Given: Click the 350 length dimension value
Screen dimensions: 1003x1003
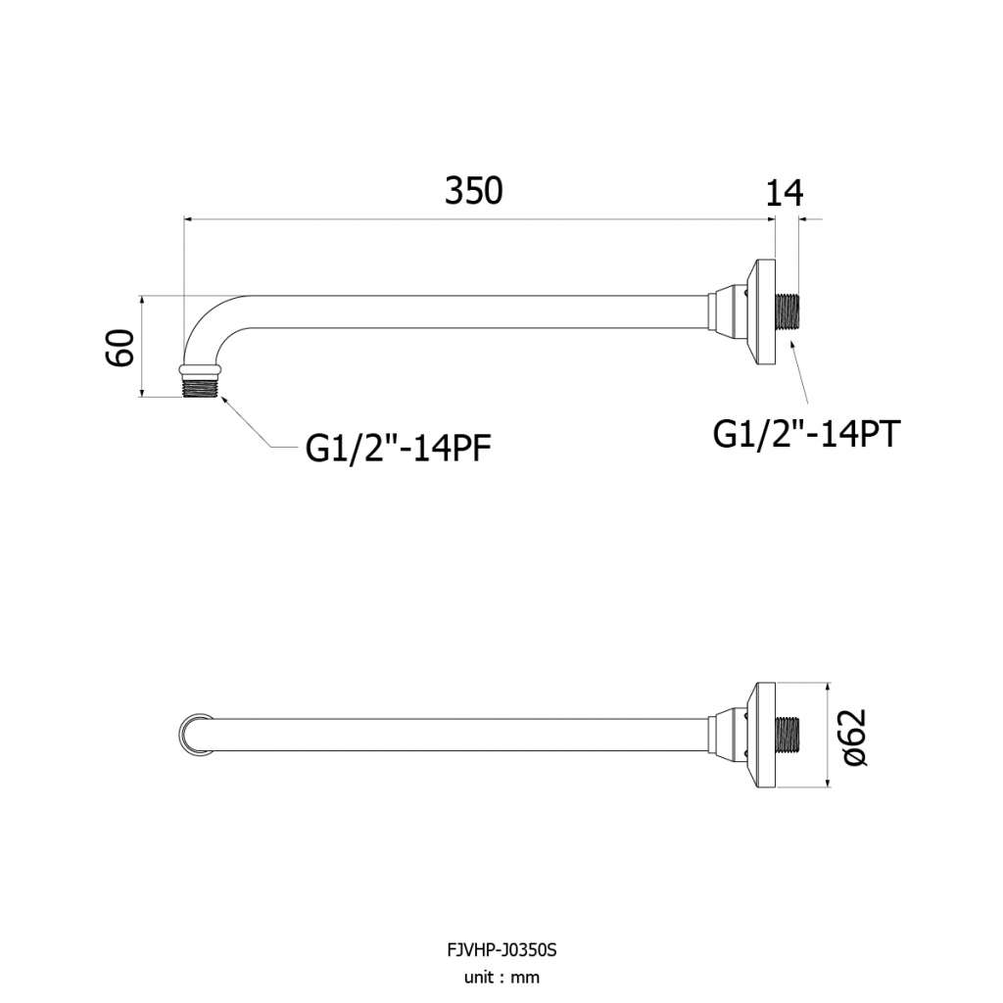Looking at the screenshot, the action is point(474,191).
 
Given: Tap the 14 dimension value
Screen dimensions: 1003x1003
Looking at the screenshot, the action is point(785,193).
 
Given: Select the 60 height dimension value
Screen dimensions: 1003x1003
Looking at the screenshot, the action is point(120,348).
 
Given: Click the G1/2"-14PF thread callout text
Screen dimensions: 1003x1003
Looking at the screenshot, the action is point(398,449).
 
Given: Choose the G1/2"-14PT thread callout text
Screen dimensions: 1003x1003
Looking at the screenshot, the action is point(806,434).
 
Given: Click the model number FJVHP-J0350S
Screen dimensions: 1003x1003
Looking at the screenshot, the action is point(501,950).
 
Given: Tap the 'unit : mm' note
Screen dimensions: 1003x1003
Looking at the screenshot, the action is point(501,978).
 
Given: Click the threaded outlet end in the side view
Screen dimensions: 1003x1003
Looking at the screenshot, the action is point(201,388).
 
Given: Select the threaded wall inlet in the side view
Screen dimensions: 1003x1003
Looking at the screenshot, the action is point(788,310).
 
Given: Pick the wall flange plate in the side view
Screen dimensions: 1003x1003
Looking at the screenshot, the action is point(766,312).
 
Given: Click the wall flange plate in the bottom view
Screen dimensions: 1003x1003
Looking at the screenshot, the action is point(766,735).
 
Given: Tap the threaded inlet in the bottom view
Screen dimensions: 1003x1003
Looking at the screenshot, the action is point(788,735).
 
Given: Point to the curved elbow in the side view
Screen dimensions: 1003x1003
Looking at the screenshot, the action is point(206,320).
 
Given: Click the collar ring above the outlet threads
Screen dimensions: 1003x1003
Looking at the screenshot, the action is point(201,371).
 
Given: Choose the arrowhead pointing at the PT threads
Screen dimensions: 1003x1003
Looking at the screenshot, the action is point(791,347).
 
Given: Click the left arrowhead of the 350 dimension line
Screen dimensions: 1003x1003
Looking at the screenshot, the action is point(189,219).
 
